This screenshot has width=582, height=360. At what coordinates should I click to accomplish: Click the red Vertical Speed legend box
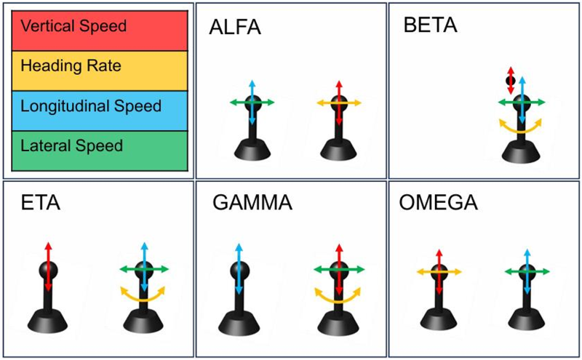point(100,31)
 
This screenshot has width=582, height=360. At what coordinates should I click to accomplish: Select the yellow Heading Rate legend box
point(100,71)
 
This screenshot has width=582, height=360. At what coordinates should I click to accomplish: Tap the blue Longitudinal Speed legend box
point(100,111)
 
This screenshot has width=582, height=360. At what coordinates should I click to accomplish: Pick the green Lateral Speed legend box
point(100,151)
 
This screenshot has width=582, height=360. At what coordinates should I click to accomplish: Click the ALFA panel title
point(235,27)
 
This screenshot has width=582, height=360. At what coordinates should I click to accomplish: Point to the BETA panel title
point(430,25)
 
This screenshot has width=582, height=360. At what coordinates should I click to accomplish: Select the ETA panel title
point(41,203)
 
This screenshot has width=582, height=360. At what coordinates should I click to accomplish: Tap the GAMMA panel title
point(252,203)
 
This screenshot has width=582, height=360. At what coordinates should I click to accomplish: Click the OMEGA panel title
point(439,203)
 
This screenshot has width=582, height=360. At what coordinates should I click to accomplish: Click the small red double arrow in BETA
point(511,81)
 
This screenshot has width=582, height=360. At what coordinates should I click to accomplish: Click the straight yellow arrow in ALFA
point(339,103)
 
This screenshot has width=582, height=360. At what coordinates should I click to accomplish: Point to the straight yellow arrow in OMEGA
point(439,272)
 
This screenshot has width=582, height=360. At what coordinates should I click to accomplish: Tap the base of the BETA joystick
point(521,151)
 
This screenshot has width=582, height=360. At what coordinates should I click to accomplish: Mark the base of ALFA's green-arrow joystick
point(252,149)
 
